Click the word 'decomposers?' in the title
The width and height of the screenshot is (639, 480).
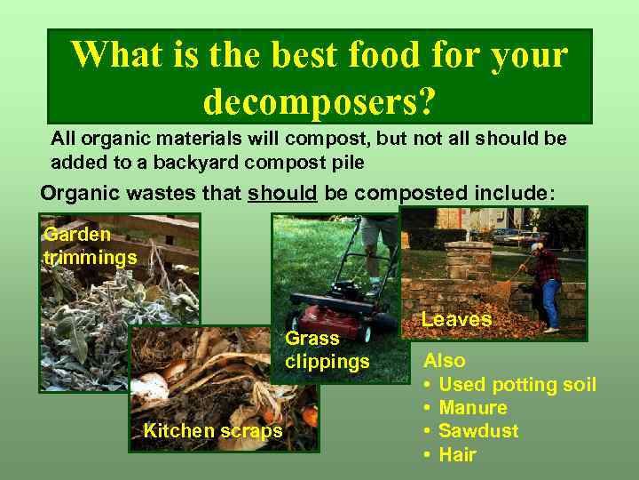(319, 100)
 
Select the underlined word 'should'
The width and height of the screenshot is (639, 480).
(282, 193)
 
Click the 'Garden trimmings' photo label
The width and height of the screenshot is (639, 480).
(90, 246)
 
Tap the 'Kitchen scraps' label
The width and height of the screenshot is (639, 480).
(213, 431)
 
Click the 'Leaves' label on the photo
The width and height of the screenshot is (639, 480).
(456, 319)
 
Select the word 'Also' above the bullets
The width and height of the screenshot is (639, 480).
(445, 361)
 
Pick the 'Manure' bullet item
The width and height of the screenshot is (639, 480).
(473, 408)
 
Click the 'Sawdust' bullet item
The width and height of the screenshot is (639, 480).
(478, 431)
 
